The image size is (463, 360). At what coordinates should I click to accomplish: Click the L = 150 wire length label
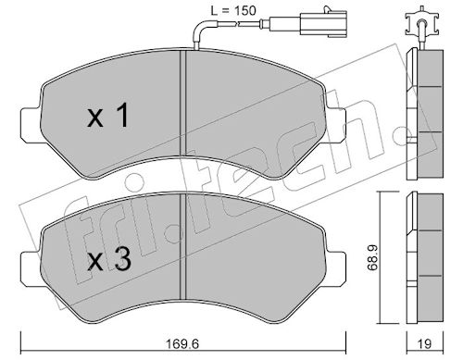[x=233, y=11]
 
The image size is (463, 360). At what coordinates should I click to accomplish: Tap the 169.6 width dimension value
[x=182, y=343]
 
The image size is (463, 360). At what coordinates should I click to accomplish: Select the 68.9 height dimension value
[x=372, y=258]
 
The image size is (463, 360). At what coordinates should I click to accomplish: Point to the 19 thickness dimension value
[x=425, y=343]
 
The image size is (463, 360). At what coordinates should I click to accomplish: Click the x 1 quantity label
[x=107, y=115]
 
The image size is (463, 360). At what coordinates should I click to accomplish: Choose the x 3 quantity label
[x=109, y=259]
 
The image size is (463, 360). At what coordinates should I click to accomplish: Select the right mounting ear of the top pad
[x=335, y=125]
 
